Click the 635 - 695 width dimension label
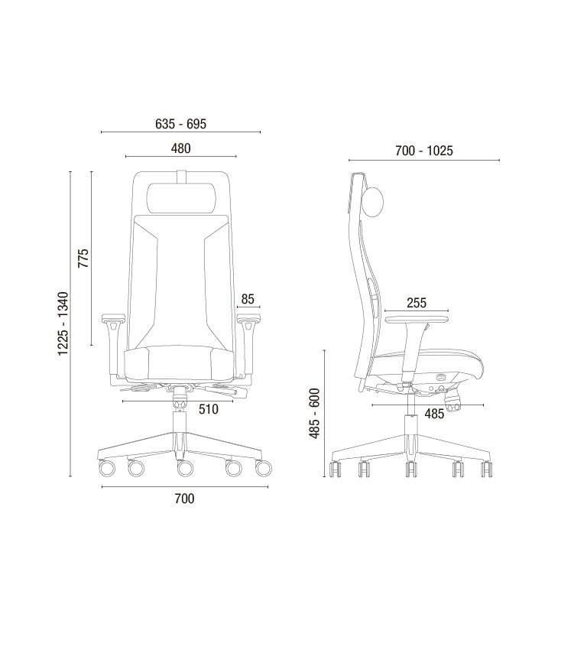coord(180,124)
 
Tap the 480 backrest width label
coord(180,148)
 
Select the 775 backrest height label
coord(83,258)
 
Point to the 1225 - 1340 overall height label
coord(63,323)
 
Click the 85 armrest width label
coord(248,299)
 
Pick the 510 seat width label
coord(208,409)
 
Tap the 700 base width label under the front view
coord(184,499)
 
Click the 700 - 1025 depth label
coord(423,151)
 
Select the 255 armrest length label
coord(416,303)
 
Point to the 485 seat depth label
coord(434,413)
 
